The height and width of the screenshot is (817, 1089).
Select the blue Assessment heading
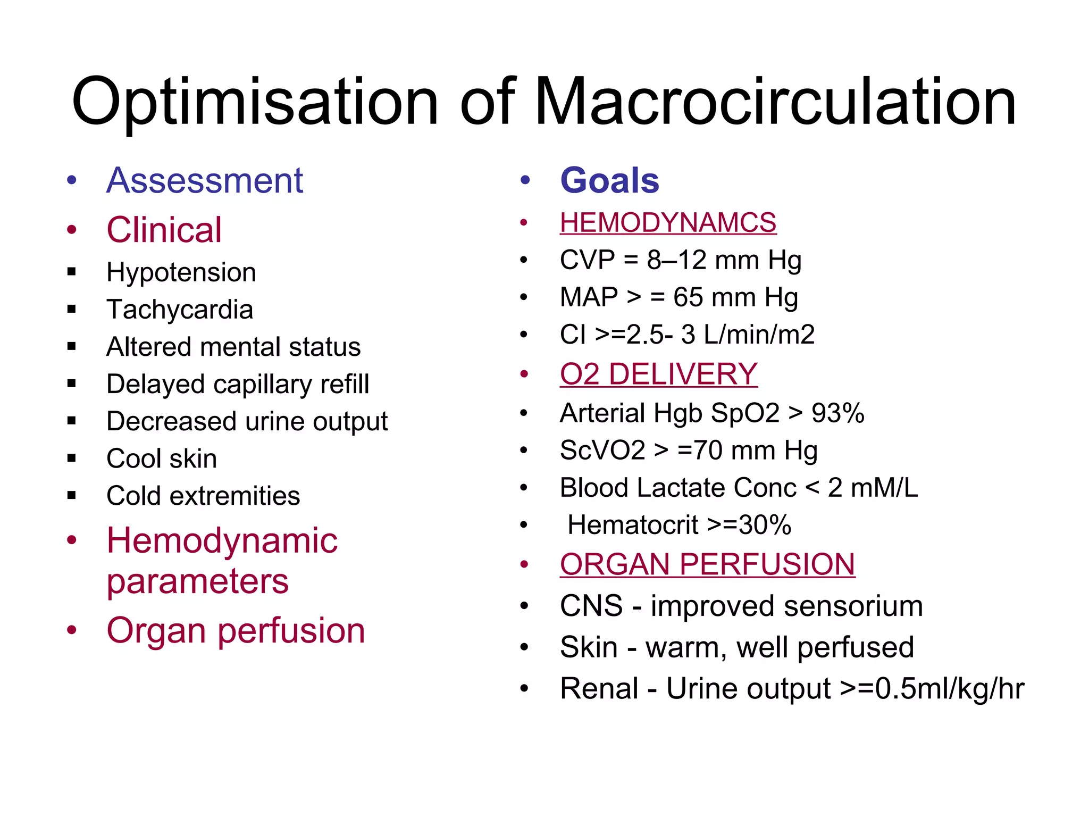click(x=205, y=181)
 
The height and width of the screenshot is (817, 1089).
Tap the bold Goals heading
click(x=609, y=181)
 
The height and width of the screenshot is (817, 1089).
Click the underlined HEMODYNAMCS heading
click(x=668, y=223)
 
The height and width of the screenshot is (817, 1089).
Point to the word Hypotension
click(x=181, y=273)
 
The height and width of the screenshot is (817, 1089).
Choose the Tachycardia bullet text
click(x=180, y=310)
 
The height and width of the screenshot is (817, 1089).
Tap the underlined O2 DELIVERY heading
click(x=658, y=374)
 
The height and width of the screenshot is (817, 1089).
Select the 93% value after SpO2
click(x=837, y=414)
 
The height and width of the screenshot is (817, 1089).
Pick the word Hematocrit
click(x=633, y=526)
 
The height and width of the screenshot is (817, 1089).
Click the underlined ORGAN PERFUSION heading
click(x=707, y=565)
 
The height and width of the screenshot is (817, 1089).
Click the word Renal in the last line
click(x=599, y=689)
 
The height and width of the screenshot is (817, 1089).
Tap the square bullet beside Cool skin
click(x=72, y=458)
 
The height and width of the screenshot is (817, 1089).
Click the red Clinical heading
click(x=164, y=230)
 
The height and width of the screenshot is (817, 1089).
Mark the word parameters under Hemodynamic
click(x=197, y=582)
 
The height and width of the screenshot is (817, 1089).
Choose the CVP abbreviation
click(x=588, y=261)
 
